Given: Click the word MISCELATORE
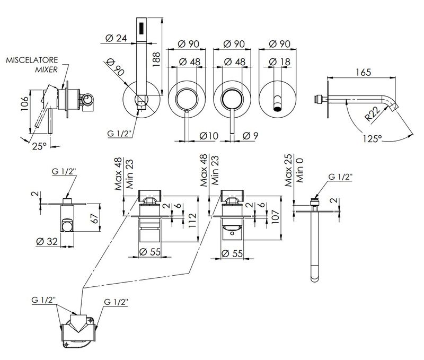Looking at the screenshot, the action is [32, 60].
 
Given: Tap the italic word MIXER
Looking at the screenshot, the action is [46, 69].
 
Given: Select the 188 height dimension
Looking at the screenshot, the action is [156, 59].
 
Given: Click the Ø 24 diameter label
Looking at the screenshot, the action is [116, 38].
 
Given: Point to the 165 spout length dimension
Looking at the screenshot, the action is [363, 73].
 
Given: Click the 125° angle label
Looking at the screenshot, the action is [372, 138].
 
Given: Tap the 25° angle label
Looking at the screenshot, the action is [39, 146].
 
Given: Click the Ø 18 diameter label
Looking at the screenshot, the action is [280, 62].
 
